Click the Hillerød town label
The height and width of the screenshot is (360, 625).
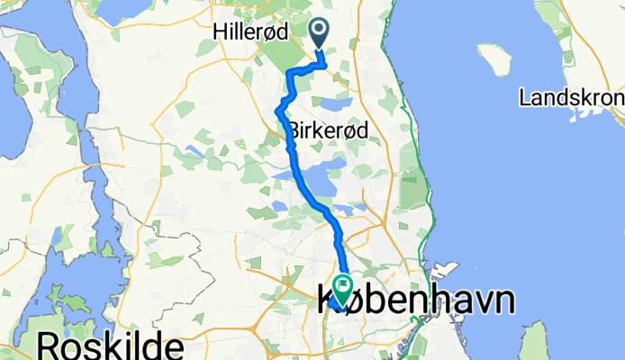point(250,31)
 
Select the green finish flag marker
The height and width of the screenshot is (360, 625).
point(344,287)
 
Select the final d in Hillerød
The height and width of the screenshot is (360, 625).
point(282,31)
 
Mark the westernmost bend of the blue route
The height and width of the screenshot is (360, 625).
point(276,111)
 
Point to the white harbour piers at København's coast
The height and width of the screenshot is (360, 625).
point(441,270)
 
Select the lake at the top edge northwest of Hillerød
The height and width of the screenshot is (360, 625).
point(125,9)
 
